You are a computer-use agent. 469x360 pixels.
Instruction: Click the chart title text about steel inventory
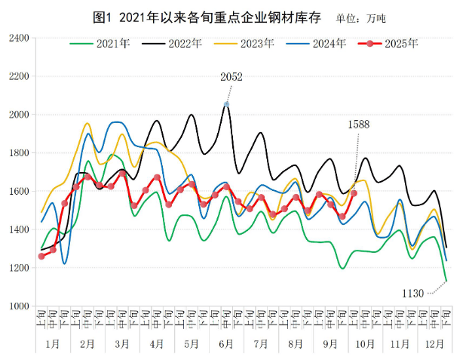pyautogui.click(x=203, y=17)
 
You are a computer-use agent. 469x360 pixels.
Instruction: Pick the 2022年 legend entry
pyautogui.click(x=185, y=43)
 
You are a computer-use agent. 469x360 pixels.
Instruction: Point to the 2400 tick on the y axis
pyautogui.click(x=18, y=38)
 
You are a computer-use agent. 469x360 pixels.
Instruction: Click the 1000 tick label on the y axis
pyautogui.click(x=18, y=306)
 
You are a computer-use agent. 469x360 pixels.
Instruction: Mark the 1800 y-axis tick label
pyautogui.click(x=18, y=153)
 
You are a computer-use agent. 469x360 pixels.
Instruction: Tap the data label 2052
pyautogui.click(x=231, y=77)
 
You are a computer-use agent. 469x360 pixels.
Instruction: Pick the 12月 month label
pyautogui.click(x=433, y=344)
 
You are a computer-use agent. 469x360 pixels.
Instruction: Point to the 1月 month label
pyautogui.click(x=53, y=344)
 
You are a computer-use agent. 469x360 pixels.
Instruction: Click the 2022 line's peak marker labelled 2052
pyautogui.click(x=226, y=104)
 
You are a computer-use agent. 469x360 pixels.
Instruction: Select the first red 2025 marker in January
pyautogui.click(x=41, y=256)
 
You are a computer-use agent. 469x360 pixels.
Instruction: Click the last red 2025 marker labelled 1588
pyautogui.click(x=354, y=193)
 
